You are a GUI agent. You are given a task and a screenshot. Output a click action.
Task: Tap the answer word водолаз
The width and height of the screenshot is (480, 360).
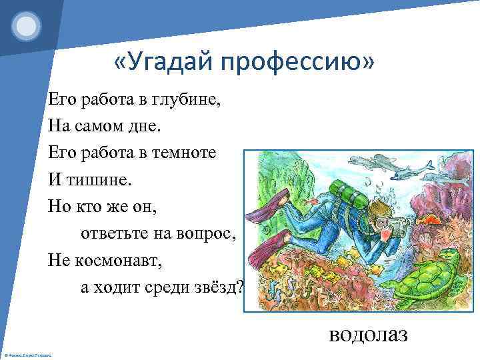(x=367, y=333)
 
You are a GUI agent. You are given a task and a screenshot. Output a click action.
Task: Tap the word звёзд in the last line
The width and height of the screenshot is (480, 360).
(x=223, y=285)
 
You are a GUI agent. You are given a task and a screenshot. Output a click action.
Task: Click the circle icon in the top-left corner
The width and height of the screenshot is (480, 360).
(x=27, y=27)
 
